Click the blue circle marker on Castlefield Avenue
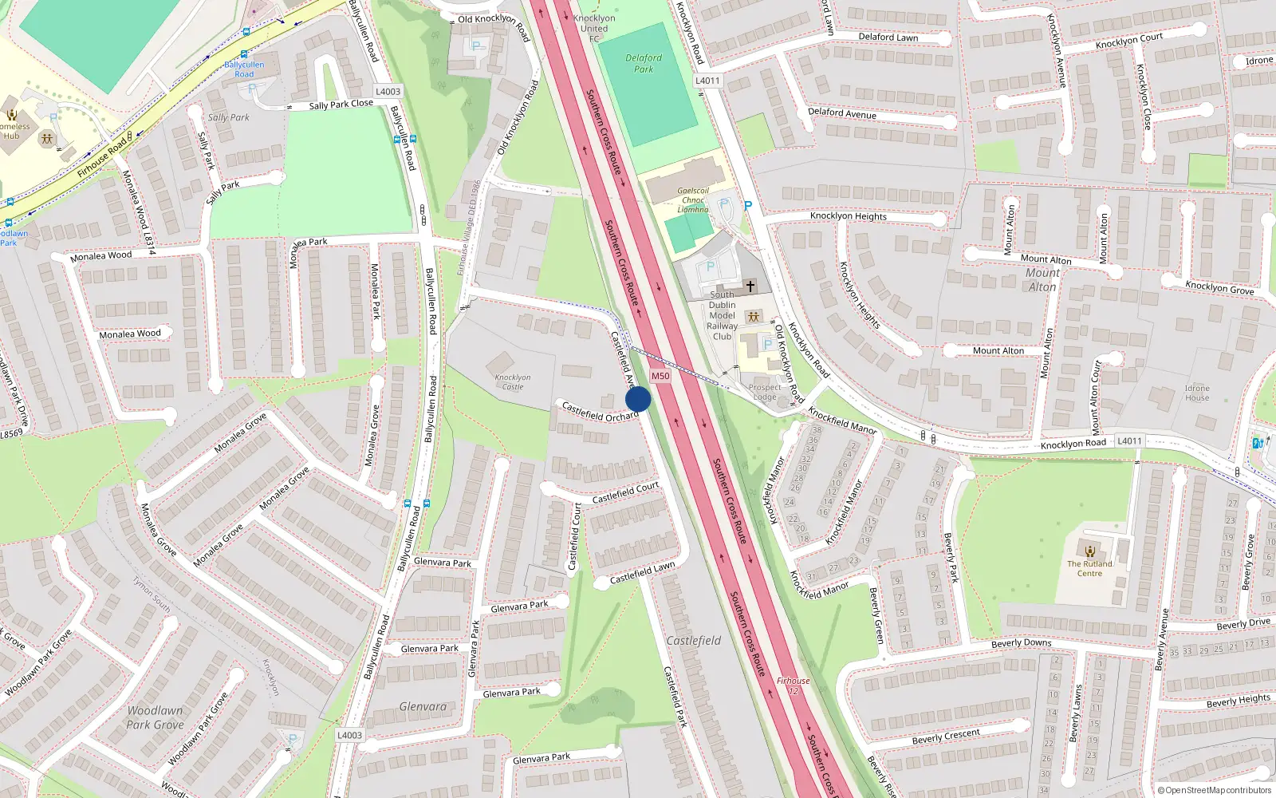tap(638, 399)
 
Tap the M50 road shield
tap(660, 376)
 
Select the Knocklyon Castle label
tap(512, 382)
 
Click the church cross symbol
tap(750, 286)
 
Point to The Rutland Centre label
tap(1089, 568)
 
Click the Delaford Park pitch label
tap(644, 64)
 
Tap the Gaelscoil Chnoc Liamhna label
tap(693, 200)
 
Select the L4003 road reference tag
tap(388, 92)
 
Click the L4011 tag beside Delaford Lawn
tap(707, 81)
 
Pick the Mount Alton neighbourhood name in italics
tap(1042, 280)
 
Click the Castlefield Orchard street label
tap(600, 413)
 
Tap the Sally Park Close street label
tap(341, 105)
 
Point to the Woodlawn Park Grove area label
tap(155, 717)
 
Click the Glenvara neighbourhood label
tap(423, 707)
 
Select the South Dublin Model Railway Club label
tap(722, 315)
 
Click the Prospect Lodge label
tap(764, 392)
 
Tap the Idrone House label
tap(1196, 393)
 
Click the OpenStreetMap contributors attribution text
tap(1218, 791)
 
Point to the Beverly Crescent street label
tap(946, 737)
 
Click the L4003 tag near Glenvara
tap(349, 736)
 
